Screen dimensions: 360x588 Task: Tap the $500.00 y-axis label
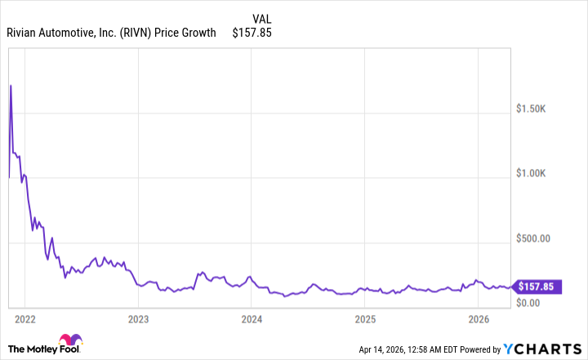pos(540,238)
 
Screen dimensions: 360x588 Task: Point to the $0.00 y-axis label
pos(536,302)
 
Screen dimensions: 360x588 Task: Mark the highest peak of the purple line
pos(10,85)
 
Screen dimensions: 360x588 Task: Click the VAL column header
pos(262,18)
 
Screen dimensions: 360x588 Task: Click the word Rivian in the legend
pos(24,33)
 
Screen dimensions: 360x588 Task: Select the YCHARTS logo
pos(541,349)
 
